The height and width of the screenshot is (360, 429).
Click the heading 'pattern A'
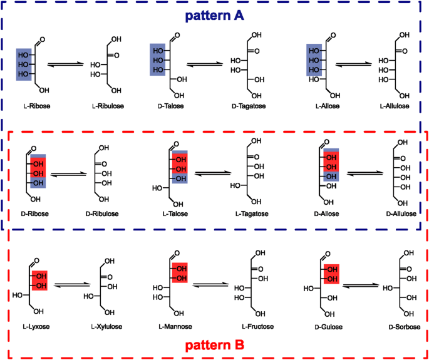[x=214, y=16]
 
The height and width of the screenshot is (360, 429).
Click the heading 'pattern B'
[x=214, y=346]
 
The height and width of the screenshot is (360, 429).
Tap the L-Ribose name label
[x=37, y=106]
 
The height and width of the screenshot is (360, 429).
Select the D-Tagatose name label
[x=249, y=106]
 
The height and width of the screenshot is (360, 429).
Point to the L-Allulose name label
[x=394, y=106]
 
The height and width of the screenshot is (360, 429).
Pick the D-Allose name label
[x=327, y=213]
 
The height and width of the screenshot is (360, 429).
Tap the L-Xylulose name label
[x=106, y=326]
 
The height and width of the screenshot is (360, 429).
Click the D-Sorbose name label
[x=404, y=327]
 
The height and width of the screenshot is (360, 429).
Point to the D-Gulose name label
[x=328, y=327]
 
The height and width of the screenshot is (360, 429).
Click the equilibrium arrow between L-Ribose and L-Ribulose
[x=65, y=64]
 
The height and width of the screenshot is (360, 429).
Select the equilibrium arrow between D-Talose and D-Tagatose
[x=205, y=64]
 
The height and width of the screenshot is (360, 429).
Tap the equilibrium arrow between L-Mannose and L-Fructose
[x=211, y=285]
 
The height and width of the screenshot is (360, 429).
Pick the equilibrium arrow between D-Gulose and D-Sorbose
[x=361, y=285]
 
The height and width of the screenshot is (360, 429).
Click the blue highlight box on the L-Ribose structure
[x=24, y=64]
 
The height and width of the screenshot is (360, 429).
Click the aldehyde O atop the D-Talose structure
[x=177, y=36]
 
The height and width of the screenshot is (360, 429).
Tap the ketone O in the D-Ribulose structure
[x=104, y=165]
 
